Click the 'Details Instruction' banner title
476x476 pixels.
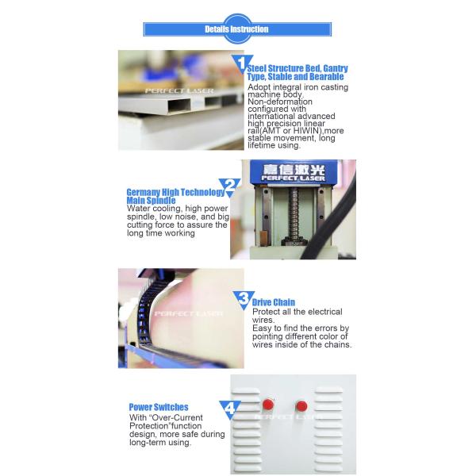tap(236, 29)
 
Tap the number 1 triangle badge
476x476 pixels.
tap(242, 63)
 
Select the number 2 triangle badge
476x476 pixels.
tap(230, 186)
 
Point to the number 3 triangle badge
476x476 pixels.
tap(244, 299)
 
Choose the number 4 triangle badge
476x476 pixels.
tap(230, 409)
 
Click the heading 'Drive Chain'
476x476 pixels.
tap(274, 302)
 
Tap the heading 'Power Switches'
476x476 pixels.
tap(159, 407)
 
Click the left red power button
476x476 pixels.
tap(268, 405)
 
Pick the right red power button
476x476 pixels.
tap(301, 406)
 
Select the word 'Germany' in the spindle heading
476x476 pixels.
tap(144, 193)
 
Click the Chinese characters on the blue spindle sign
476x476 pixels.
tap(294, 170)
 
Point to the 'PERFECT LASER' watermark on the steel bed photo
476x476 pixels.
tap(179, 90)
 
